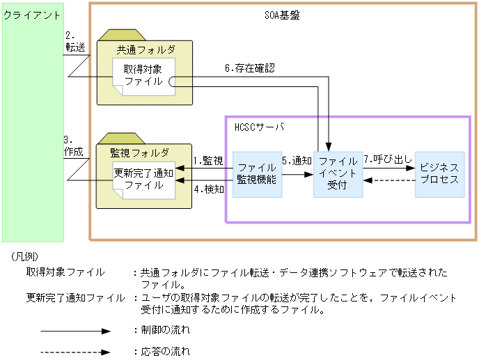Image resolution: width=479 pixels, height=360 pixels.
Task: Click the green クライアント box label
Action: pos(32,15)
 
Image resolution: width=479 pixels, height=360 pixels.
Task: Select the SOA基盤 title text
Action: pos(284,15)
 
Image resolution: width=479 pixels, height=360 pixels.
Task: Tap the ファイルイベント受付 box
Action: pos(338,173)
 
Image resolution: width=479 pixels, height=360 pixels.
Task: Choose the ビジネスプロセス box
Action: pos(439,173)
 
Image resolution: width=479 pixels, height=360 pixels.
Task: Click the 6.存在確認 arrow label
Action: pos(249,68)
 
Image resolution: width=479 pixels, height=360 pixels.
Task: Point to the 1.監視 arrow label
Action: pos(207,161)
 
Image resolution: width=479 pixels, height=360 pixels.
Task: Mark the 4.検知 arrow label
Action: pos(207,189)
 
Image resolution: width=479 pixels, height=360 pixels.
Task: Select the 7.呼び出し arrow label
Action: pos(388,160)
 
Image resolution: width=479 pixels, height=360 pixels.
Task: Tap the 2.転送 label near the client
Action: pos(74,41)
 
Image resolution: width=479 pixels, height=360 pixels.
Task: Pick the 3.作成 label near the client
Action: pos(73,145)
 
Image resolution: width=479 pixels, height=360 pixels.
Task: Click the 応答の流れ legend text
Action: pos(165,352)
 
